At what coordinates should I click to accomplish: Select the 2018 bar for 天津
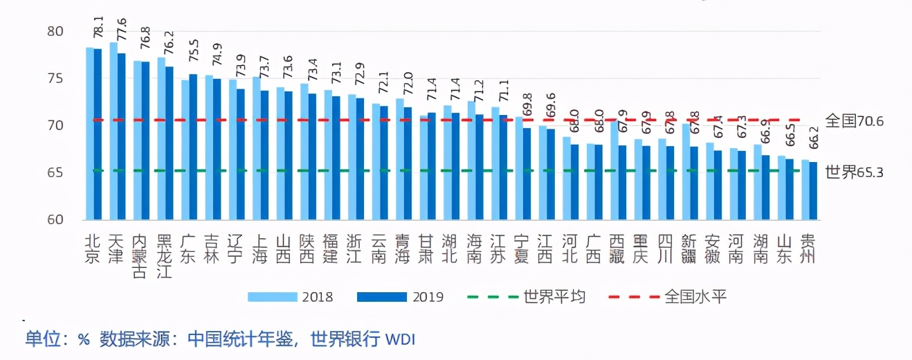click(113, 132)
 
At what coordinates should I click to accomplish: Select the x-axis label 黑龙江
click(165, 257)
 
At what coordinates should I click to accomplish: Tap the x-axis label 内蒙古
click(140, 257)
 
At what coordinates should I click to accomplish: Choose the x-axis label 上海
click(259, 249)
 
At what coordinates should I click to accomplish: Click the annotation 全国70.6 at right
click(855, 121)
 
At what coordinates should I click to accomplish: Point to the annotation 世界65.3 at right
click(855, 172)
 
